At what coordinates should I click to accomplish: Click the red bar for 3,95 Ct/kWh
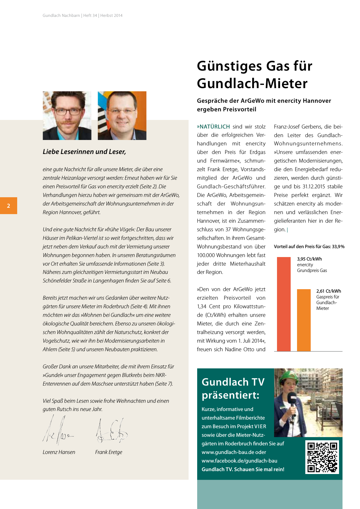click(x=284, y=304)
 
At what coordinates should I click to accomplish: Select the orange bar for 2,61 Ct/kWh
click(x=304, y=320)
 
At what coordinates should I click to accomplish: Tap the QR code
click(x=322, y=457)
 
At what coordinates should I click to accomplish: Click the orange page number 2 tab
click(x=9, y=206)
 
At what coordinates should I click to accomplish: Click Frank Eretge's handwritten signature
click(x=111, y=431)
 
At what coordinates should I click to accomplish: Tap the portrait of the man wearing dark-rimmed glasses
click(x=67, y=115)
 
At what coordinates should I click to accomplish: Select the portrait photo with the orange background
click(x=122, y=115)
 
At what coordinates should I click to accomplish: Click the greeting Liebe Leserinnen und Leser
click(x=84, y=152)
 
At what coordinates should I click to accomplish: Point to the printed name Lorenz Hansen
click(x=59, y=452)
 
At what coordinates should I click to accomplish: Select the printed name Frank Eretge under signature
click(x=108, y=452)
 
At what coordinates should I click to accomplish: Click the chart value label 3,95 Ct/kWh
click(x=309, y=259)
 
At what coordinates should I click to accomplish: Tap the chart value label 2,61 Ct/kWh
click(x=329, y=291)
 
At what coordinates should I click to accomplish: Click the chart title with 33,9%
click(x=309, y=247)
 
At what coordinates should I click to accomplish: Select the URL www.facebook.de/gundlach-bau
click(x=239, y=461)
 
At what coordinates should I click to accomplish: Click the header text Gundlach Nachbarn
click(x=61, y=15)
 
